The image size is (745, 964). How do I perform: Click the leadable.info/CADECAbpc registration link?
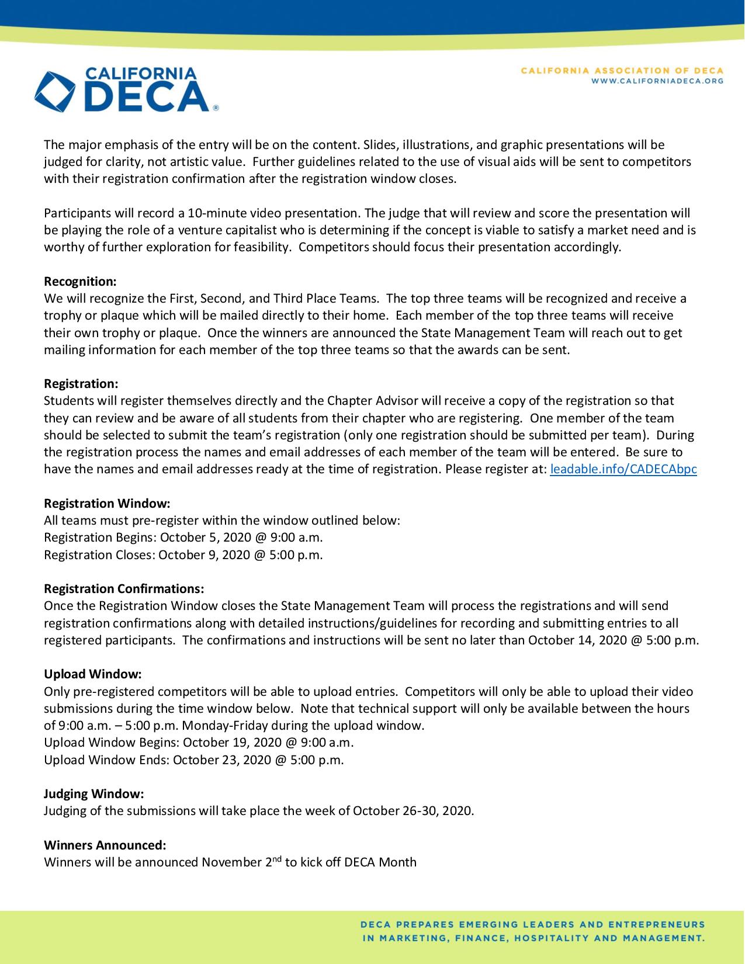point(623,469)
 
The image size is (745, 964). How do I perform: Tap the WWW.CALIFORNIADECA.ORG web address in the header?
point(657,81)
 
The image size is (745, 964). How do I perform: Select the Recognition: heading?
point(81,282)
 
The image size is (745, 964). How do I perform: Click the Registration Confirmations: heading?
point(124,588)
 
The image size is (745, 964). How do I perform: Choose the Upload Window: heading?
point(93,674)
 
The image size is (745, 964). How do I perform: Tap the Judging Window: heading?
point(93,794)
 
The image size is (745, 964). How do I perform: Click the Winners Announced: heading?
point(105,845)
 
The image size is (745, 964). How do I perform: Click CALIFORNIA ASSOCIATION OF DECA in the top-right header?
point(622,71)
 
